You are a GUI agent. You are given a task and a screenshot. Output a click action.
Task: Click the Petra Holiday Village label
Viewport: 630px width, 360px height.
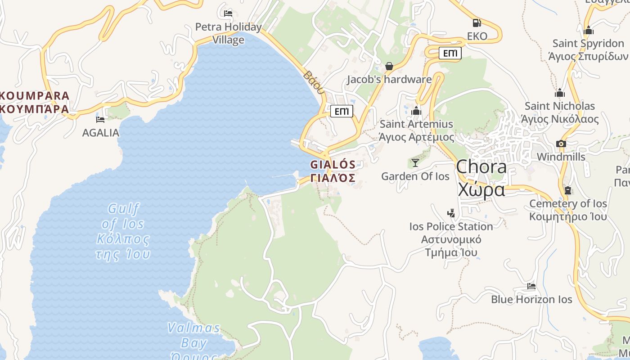228,33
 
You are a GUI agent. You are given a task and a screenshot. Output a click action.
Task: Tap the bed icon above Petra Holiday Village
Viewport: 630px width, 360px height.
228,13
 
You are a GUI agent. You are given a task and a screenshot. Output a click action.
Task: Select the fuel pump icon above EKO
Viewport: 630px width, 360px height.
477,22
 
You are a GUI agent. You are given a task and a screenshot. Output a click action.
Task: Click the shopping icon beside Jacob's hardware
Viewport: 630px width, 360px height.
389,67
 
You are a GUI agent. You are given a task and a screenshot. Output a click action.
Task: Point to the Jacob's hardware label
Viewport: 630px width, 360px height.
389,80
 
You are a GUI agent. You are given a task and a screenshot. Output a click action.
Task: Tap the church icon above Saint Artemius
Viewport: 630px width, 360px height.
416,111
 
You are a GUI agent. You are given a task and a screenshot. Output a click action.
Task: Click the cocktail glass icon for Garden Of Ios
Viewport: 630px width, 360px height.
415,162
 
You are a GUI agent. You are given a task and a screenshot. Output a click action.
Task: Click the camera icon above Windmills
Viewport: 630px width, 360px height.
561,144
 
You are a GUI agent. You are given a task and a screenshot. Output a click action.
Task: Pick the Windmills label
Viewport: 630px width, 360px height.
561,157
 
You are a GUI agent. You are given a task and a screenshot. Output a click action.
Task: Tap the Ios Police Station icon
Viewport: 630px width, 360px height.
451,213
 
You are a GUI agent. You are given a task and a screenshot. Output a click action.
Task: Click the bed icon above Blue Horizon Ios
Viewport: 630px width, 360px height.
531,286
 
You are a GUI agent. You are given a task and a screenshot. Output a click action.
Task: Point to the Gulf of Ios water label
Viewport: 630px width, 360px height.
123,232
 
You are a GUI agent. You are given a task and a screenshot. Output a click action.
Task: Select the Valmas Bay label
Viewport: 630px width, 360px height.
194,335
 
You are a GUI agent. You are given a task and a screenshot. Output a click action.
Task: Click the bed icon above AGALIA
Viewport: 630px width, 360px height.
100,120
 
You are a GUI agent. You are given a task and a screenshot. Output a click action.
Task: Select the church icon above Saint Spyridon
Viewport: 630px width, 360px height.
588,31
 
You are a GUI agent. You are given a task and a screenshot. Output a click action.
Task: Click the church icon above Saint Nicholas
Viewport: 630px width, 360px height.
560,93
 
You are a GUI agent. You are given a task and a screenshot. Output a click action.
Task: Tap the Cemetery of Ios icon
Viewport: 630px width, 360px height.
568,190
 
